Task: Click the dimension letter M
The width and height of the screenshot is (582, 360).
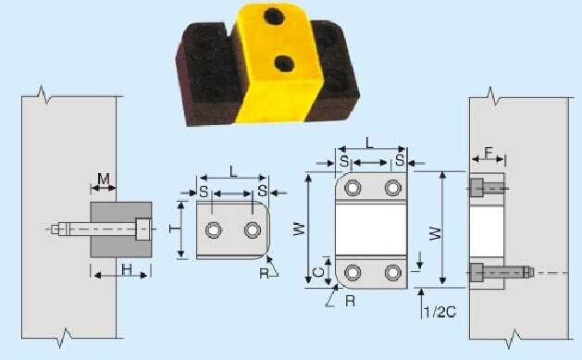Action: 104,180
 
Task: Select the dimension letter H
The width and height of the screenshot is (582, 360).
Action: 127,270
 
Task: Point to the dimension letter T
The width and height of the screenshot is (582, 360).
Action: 174,229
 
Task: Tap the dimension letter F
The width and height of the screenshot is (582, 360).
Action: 489,153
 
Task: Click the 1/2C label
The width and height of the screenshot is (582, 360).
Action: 440,313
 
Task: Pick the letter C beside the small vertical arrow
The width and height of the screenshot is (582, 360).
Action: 318,273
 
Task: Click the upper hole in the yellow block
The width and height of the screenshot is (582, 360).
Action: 273,16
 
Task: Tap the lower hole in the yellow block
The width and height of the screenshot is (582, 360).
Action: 284,64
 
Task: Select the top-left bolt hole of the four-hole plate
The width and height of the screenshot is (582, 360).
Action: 353,188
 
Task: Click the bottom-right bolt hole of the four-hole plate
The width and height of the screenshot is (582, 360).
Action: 392,273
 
